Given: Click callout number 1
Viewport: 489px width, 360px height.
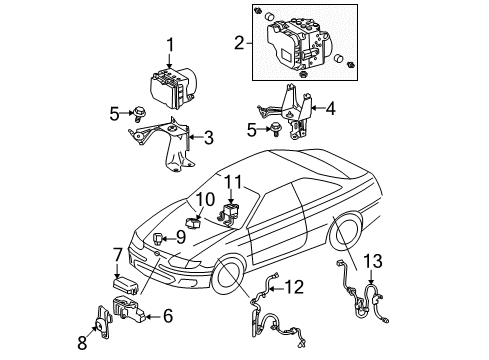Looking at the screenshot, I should tap(170, 43).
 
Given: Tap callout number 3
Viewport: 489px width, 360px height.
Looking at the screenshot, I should tap(209, 137).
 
